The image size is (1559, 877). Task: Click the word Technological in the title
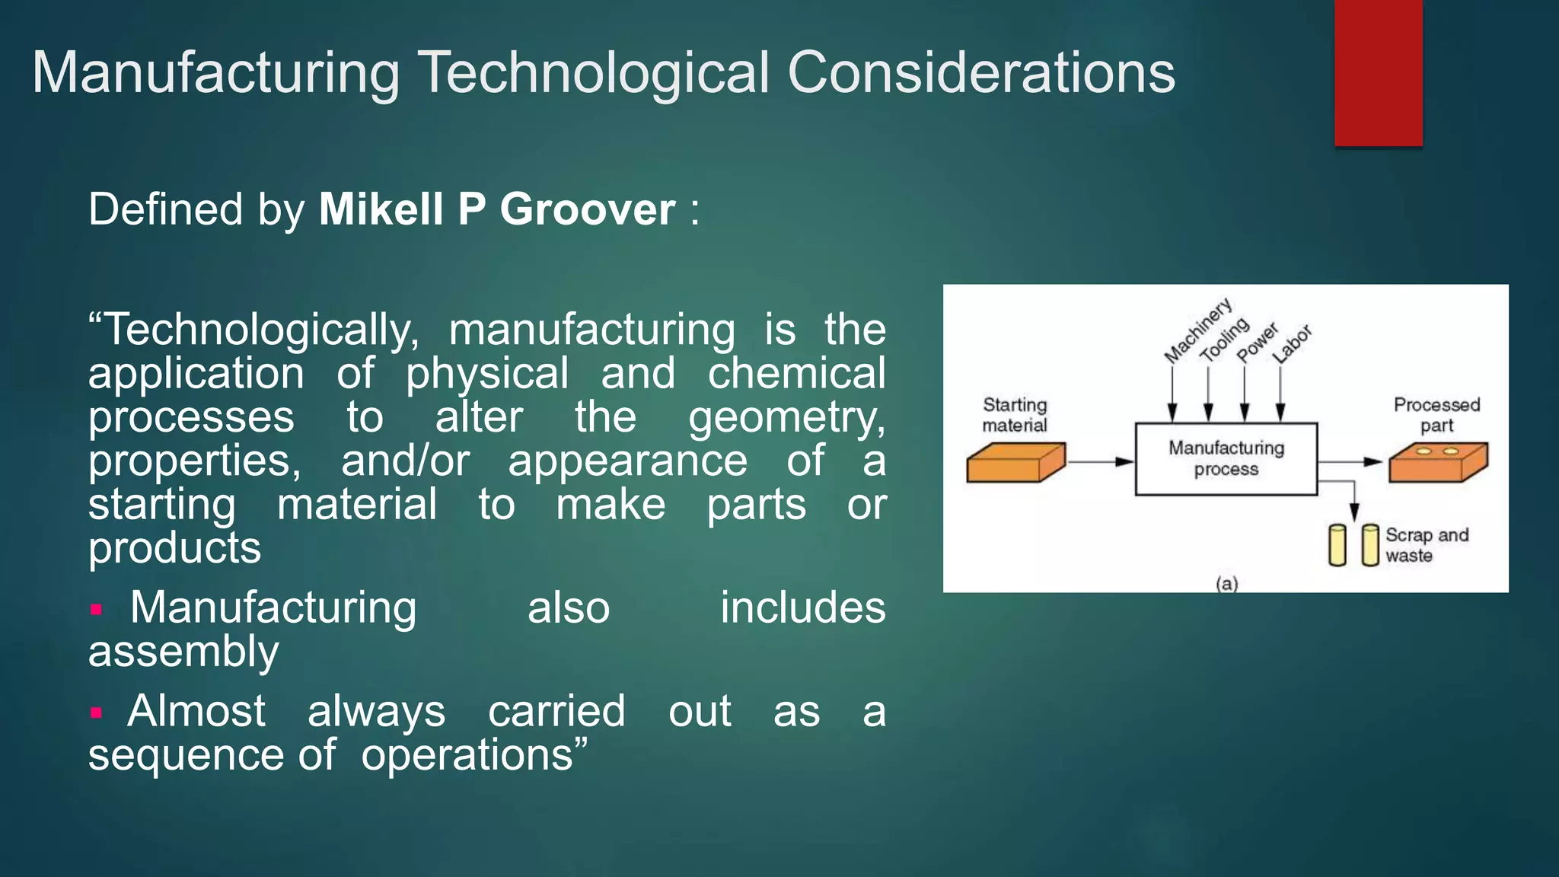(x=595, y=73)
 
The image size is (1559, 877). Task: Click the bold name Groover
(x=587, y=209)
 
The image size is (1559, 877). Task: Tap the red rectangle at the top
(x=1378, y=73)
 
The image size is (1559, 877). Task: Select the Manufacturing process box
(x=1226, y=459)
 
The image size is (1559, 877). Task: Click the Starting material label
(x=1015, y=415)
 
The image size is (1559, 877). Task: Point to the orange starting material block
(x=1015, y=462)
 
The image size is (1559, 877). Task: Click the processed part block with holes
(x=1437, y=462)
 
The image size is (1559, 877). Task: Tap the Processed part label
(x=1436, y=415)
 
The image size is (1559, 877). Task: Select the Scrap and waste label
(x=1426, y=545)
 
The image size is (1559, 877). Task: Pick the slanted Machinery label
(x=1198, y=330)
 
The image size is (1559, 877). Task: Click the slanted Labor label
(x=1293, y=343)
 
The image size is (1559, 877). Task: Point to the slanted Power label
(x=1257, y=343)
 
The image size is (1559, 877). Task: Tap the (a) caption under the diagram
(x=1226, y=584)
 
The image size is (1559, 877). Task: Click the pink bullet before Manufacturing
(x=96, y=609)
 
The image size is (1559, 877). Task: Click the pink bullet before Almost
(x=96, y=713)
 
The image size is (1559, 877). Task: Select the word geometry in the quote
(x=786, y=418)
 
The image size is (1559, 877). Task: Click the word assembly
(x=183, y=652)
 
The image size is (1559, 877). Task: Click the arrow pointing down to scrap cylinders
(x=1353, y=502)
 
